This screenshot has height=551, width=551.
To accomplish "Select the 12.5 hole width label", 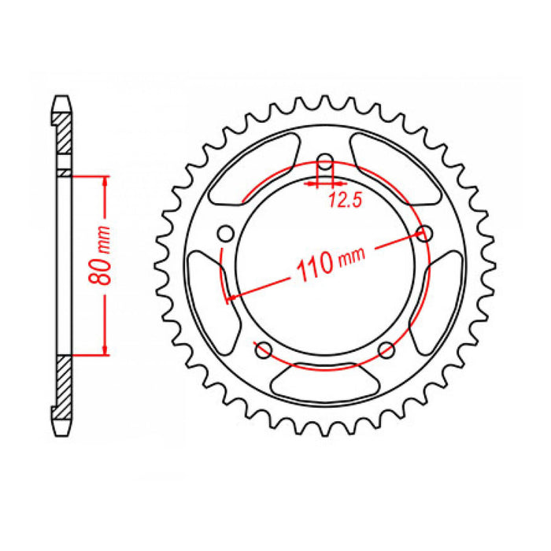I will tap(344, 202).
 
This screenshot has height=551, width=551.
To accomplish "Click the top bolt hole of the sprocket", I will tap(324, 165).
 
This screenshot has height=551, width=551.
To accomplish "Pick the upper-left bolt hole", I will tap(226, 233).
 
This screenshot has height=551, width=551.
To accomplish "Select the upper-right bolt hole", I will tap(426, 234).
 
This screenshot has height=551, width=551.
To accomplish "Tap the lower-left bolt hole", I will tap(264, 349).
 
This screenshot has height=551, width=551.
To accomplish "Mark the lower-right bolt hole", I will tap(386, 349).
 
